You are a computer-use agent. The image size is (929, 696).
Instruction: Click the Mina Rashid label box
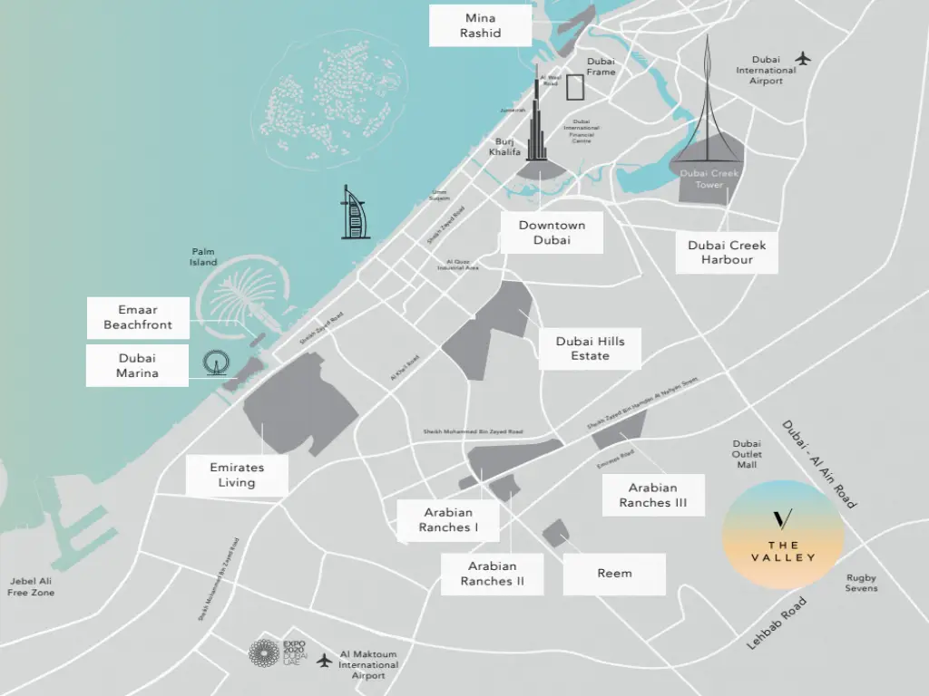(480, 25)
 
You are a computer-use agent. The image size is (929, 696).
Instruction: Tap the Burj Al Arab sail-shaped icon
(355, 213)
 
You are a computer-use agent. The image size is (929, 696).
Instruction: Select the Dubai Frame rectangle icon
(575, 88)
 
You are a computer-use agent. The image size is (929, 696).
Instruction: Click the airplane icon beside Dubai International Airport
(802, 59)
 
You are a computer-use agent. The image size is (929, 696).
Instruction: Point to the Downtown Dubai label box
(552, 233)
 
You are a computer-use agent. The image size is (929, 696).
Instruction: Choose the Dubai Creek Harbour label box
(727, 252)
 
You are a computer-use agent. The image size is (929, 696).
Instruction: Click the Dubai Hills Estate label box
(590, 349)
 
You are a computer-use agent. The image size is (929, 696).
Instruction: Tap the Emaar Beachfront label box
(138, 317)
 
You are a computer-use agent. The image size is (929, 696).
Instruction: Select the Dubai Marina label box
(137, 365)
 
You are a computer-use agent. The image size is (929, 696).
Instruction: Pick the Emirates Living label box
(237, 475)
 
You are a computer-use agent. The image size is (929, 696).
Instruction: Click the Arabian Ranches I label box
(448, 520)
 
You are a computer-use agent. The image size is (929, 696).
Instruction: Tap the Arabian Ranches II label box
(492, 574)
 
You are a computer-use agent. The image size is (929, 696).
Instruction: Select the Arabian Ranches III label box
(653, 495)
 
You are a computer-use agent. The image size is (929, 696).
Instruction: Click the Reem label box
(614, 574)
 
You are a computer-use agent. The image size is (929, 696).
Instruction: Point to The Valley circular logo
(783, 535)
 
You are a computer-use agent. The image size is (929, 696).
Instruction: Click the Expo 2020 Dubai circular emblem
(265, 654)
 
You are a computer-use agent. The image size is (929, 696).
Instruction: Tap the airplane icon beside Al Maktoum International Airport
(324, 661)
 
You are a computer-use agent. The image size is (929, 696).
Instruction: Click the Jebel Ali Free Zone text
(31, 586)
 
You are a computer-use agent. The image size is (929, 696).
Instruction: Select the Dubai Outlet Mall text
(747, 454)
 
